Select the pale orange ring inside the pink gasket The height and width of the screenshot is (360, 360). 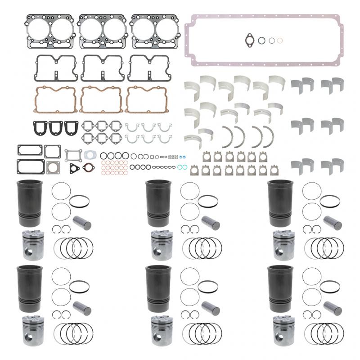point(280,40)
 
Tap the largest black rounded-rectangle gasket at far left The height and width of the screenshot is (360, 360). point(30,166)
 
